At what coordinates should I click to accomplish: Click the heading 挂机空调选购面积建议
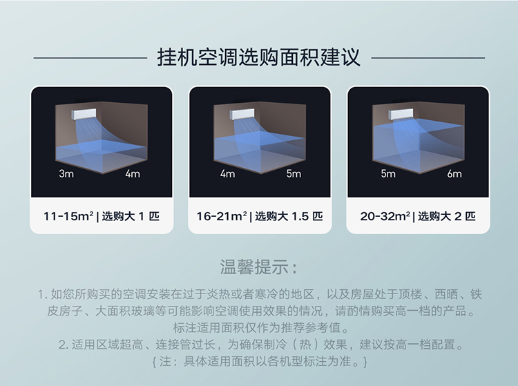(x=259, y=57)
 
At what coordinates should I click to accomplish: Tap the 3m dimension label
(x=66, y=173)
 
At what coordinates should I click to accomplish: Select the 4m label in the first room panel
(x=133, y=173)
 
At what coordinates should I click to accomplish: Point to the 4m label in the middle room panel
(x=228, y=173)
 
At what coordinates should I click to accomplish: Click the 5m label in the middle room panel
(x=294, y=173)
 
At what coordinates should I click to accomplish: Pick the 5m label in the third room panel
(x=388, y=173)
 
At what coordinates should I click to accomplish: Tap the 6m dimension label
(x=454, y=173)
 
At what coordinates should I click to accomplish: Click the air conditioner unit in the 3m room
(x=84, y=114)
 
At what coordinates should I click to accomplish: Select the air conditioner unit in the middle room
(x=242, y=114)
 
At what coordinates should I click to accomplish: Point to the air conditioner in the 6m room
(x=401, y=114)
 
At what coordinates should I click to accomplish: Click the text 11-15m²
(x=68, y=216)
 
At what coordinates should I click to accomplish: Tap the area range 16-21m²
(x=222, y=216)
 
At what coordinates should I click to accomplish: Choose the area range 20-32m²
(x=385, y=216)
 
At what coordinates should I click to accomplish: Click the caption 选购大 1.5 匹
(x=289, y=216)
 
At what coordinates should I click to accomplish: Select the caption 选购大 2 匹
(x=447, y=216)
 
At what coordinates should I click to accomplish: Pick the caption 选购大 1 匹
(x=131, y=216)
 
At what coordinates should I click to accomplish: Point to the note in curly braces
(x=260, y=361)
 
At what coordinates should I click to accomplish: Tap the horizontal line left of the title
(x=90, y=58)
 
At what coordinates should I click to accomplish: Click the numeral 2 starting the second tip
(x=62, y=345)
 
